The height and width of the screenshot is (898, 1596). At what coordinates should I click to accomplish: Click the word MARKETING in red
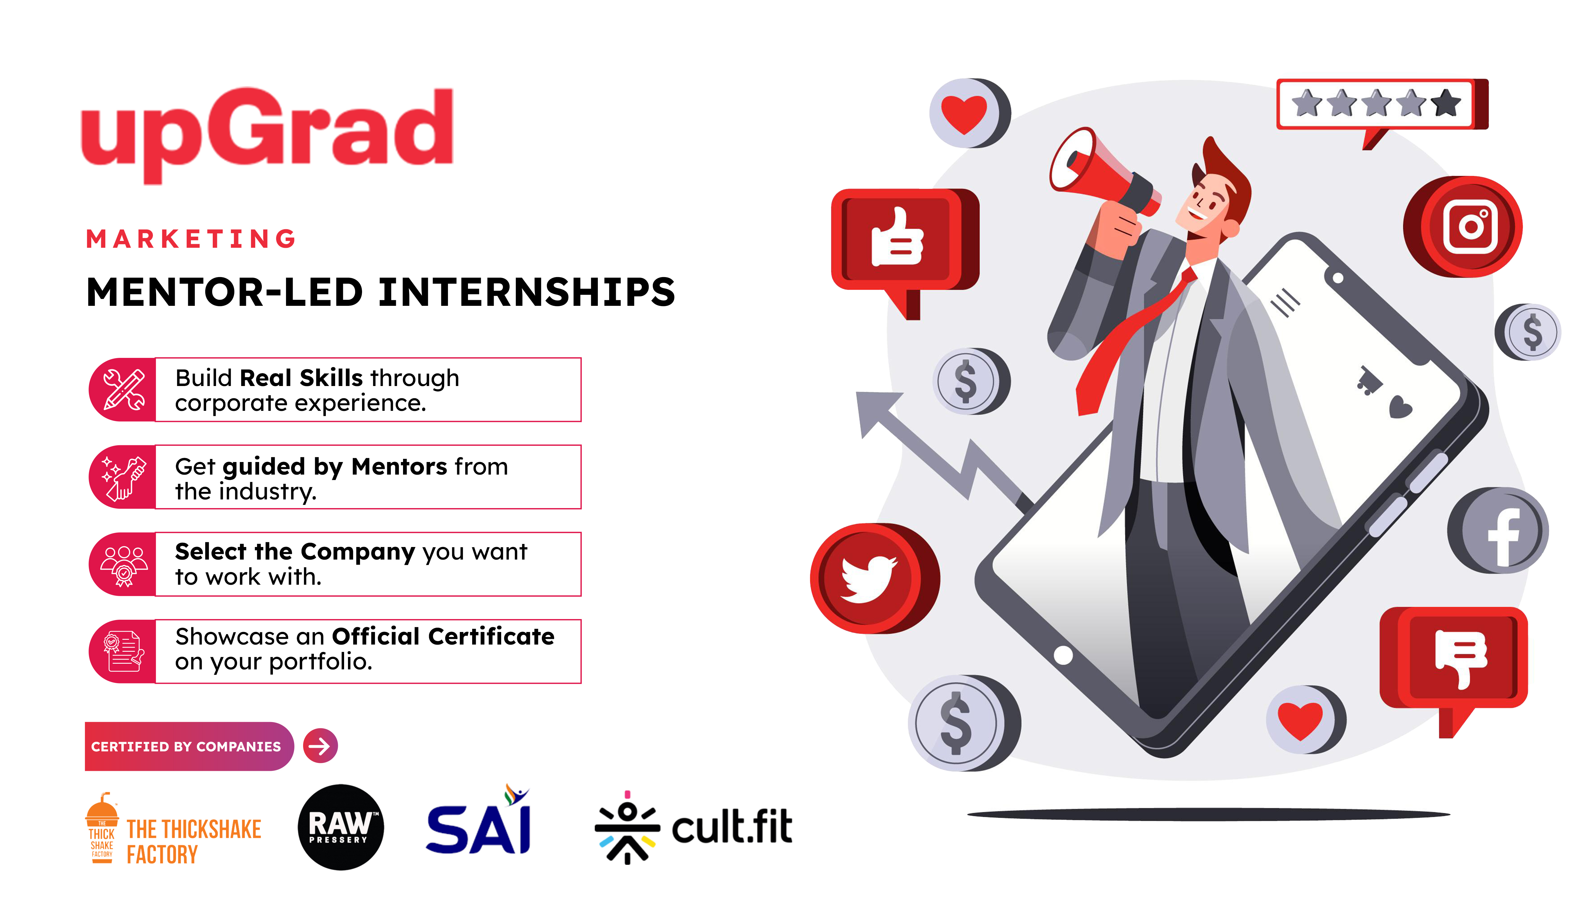pos(191,238)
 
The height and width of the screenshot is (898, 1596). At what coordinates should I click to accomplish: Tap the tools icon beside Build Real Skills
pos(123,390)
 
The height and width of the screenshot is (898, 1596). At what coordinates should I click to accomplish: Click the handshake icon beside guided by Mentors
pos(123,477)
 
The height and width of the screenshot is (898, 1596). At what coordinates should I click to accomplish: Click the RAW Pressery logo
pos(341,827)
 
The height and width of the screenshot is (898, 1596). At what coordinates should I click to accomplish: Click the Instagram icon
pos(1463,227)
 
